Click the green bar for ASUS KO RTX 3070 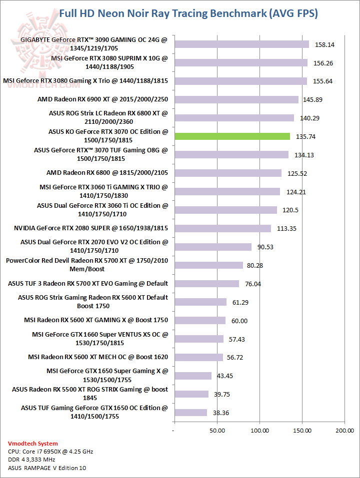[232, 136]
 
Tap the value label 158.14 [324, 44]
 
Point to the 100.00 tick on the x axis [259, 430]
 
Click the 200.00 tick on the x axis [344, 430]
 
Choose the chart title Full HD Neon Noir [188, 13]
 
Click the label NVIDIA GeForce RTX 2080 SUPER [91, 228]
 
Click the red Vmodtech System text [33, 444]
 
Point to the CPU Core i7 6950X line [50, 452]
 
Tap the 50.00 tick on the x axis [217, 430]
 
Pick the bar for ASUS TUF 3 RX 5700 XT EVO [206, 284]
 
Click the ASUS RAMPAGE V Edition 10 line [46, 468]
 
